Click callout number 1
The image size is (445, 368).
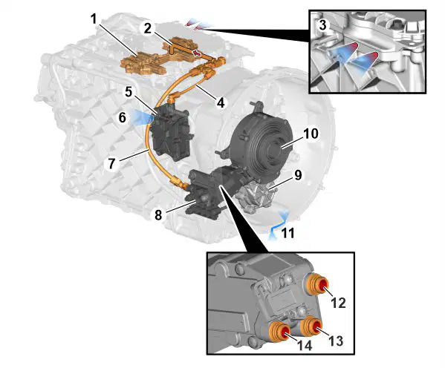[94, 20]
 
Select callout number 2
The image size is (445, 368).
[148, 29]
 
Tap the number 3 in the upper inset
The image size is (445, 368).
[322, 25]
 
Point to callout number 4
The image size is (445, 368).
[221, 102]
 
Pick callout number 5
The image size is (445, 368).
[129, 92]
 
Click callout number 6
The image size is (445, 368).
[123, 117]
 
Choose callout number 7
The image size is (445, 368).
[111, 163]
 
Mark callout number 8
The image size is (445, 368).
[158, 215]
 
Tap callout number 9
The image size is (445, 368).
[298, 176]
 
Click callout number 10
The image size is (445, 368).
[311, 134]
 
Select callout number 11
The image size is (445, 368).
[288, 233]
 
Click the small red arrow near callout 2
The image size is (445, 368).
[196, 53]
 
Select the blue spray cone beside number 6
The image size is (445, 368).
[140, 117]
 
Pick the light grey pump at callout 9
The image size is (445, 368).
[253, 197]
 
